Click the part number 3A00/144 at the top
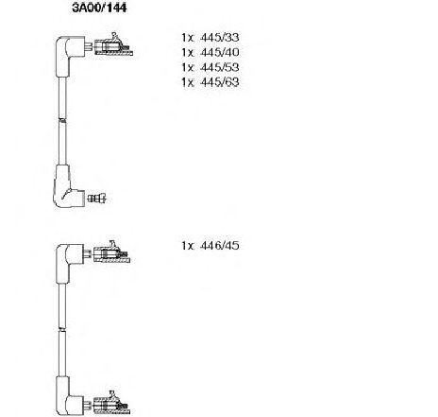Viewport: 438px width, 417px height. point(99,8)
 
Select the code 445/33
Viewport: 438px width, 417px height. point(220,38)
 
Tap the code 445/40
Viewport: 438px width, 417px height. point(220,52)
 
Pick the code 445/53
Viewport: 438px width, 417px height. point(220,67)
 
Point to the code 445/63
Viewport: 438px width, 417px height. point(220,82)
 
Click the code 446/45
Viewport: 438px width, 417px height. point(220,245)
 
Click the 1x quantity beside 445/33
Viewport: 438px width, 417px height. point(187,38)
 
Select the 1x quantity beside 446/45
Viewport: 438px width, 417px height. point(187,245)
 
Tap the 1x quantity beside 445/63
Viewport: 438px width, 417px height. point(187,82)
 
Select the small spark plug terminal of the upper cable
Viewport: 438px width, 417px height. point(97,199)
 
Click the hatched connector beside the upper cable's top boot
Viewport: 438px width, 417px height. point(113,46)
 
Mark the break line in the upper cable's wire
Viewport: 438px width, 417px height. point(62,120)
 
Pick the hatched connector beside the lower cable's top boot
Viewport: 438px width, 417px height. point(111,253)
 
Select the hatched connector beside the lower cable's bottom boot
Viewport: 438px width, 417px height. point(111,405)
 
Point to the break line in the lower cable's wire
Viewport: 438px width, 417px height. point(62,329)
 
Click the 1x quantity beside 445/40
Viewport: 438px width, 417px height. point(187,52)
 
